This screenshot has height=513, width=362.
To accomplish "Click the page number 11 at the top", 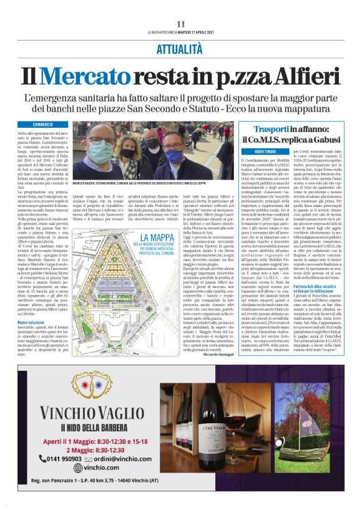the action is [x=180, y=24].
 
